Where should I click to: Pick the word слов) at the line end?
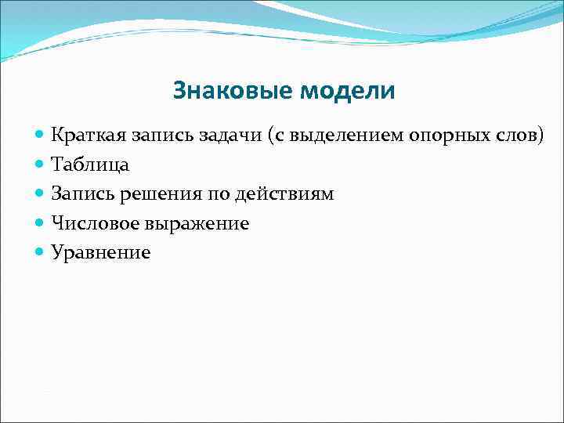point(520,135)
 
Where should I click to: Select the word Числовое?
point(93,223)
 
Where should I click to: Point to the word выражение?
point(196,223)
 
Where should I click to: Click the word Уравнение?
point(100,252)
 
